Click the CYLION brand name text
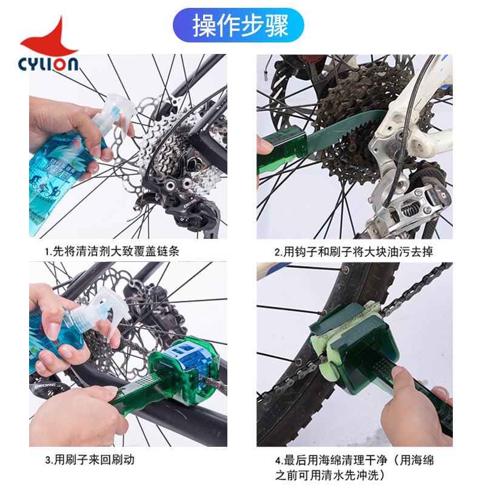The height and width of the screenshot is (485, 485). [48, 64]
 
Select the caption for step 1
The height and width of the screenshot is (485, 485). [112, 250]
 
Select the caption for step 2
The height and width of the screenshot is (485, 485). [354, 251]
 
